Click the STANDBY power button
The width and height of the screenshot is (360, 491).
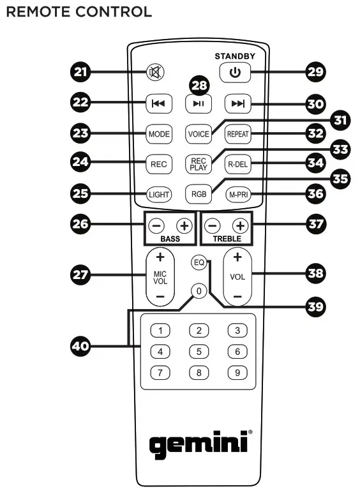click(x=235, y=73)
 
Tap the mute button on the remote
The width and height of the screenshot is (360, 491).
click(x=155, y=72)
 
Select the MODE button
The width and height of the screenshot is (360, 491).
click(x=158, y=135)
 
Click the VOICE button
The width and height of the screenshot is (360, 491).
click(x=198, y=135)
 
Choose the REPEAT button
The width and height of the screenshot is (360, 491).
click(x=237, y=135)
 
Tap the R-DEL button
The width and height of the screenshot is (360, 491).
click(x=237, y=164)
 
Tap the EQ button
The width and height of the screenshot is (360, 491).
click(x=199, y=262)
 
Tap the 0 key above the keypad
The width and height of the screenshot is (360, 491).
click(x=199, y=291)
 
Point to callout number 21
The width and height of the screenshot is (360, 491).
click(x=80, y=73)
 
